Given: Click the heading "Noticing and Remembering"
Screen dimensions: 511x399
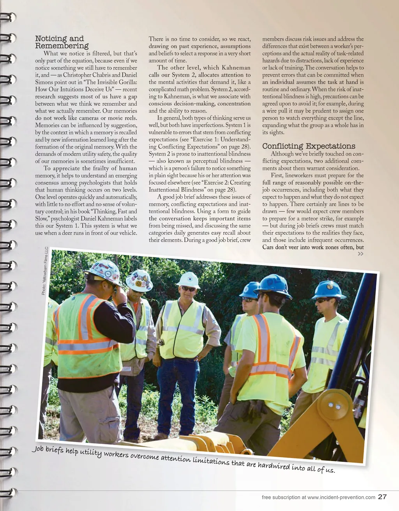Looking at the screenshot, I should [x=62, y=42].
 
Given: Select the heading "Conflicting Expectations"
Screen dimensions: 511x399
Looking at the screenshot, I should [x=309, y=146].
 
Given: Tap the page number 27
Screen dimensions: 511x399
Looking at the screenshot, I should [x=382, y=497].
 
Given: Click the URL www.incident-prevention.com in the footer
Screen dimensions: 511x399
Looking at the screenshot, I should [x=341, y=497].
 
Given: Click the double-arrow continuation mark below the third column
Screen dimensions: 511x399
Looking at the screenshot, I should [x=360, y=254].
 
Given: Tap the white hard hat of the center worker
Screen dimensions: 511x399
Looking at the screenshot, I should [x=188, y=279].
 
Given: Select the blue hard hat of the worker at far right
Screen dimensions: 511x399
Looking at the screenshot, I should [x=329, y=289].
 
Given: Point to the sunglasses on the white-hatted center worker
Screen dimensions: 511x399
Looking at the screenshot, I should [x=189, y=289].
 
